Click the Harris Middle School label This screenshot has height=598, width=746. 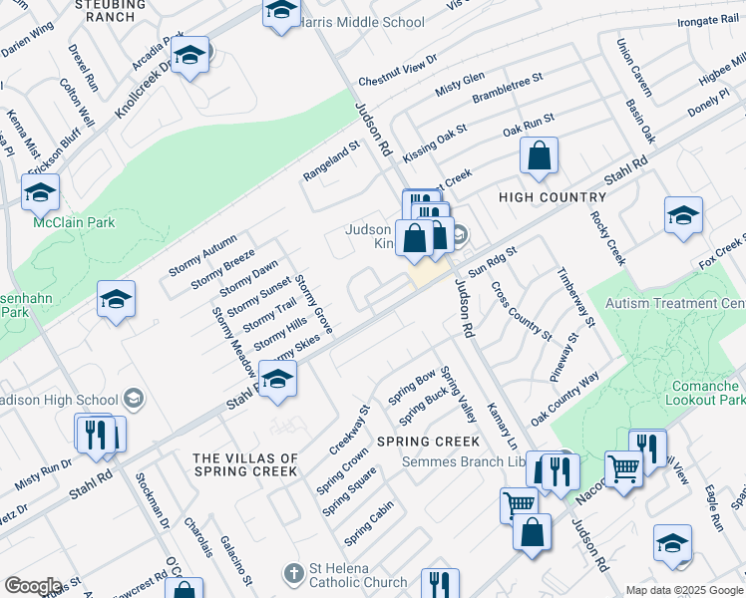[362, 22]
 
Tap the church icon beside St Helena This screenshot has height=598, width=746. [293, 574]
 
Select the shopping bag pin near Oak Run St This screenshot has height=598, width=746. [539, 156]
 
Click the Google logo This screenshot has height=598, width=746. [33, 586]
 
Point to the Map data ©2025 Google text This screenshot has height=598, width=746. [684, 590]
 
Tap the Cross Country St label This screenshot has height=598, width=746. [521, 310]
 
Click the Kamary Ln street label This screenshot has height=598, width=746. [502, 426]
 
